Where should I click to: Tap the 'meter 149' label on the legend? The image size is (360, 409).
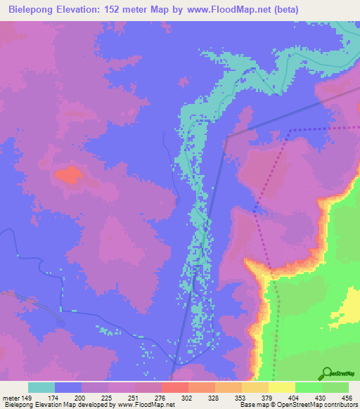point(16,397)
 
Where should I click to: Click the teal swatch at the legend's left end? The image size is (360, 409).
point(41,387)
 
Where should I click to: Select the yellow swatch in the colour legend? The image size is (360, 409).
point(282,387)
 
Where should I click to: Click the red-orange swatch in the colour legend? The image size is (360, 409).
point(175,387)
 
